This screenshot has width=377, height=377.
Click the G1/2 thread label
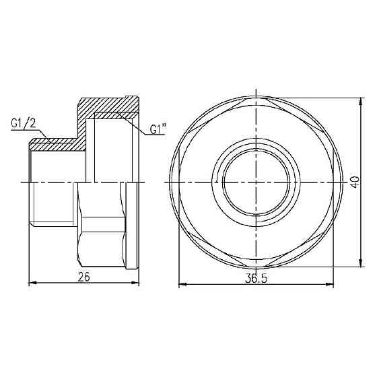pyautogui.click(x=24, y=124)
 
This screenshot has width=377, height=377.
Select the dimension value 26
pyautogui.click(x=83, y=276)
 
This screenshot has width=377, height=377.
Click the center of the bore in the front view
pyautogui.click(x=256, y=182)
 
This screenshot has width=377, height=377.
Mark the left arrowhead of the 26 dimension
pyautogui.click(x=34, y=283)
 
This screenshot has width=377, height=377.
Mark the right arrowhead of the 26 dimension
pyautogui.click(x=137, y=283)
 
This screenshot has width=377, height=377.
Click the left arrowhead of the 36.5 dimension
pyautogui.click(x=180, y=285)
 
